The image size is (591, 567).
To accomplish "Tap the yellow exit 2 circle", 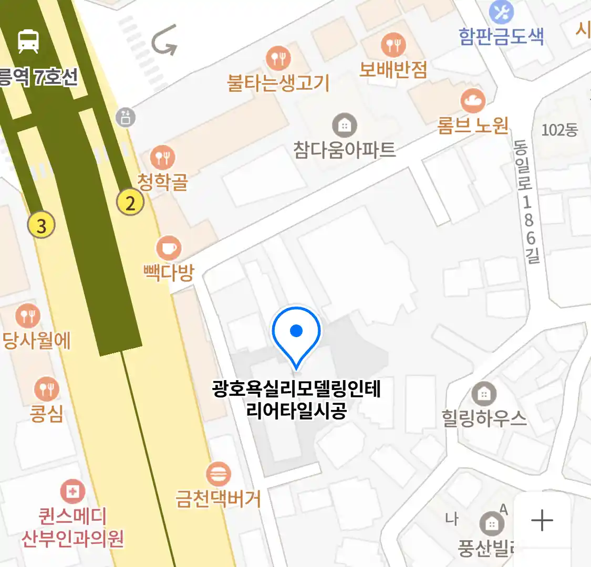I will pos(130,202).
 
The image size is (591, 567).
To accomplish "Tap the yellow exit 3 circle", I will pos(42,226).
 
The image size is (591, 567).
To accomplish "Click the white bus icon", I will pos(28,41).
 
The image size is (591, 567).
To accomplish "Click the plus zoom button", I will pos(542,521).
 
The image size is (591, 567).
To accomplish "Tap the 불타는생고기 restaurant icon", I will pos(278,58).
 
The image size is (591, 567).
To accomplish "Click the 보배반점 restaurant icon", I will pos(393,45).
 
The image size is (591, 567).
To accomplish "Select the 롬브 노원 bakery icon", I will pos(473,100).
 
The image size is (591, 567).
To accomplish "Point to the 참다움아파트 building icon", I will pos(344,125).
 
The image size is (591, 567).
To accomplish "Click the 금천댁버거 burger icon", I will pos(218,474).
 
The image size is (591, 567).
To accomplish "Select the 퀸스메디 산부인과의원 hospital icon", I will pos(72,492).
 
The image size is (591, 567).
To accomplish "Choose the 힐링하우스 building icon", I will pos(484,393).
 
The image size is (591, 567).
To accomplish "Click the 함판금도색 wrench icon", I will pos(501,13).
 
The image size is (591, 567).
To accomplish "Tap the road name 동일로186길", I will pos(527,202).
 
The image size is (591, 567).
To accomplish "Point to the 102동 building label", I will pos(559,130).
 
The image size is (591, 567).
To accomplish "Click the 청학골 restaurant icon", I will pos(162,156).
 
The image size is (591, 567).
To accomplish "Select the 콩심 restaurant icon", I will pos(47,389).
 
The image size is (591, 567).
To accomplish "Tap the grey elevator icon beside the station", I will pos(126,117).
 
